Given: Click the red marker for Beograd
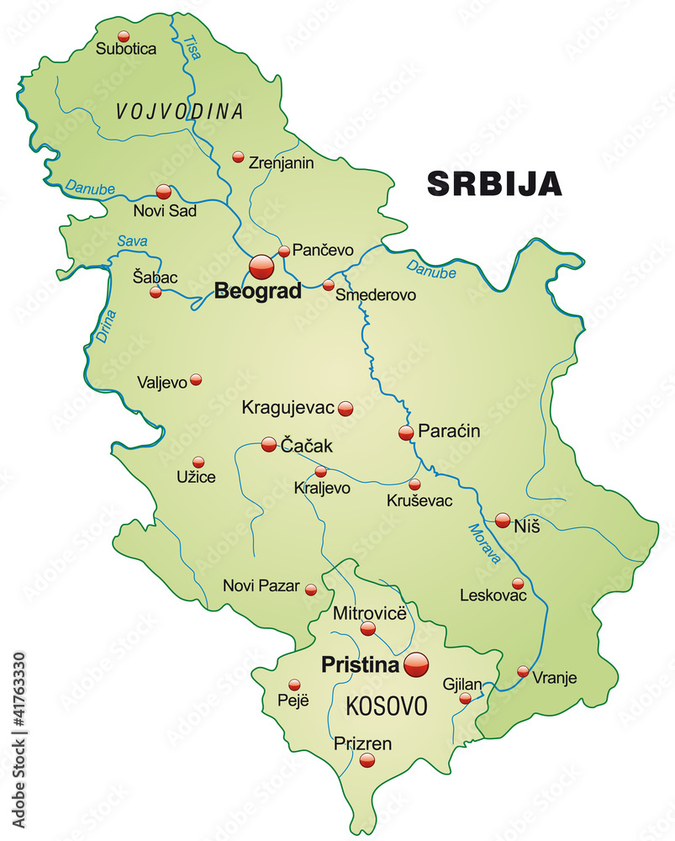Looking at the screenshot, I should [261, 267].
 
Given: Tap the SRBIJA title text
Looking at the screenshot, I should [494, 183].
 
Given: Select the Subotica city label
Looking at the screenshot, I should [126, 49].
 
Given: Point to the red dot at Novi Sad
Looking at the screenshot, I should [163, 192].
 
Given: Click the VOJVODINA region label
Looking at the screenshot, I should [180, 111].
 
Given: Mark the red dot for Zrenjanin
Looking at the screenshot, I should [238, 156].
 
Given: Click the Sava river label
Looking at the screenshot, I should [132, 241].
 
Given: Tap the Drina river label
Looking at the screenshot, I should [104, 326].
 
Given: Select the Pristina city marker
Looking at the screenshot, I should [416, 664].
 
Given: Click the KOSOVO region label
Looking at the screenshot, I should [388, 706].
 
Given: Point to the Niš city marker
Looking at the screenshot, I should [503, 521].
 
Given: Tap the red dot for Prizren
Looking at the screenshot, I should [367, 759].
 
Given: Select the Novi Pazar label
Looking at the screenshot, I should [261, 585].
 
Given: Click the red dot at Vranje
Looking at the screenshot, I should [523, 671].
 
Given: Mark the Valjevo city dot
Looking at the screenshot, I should [196, 379].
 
